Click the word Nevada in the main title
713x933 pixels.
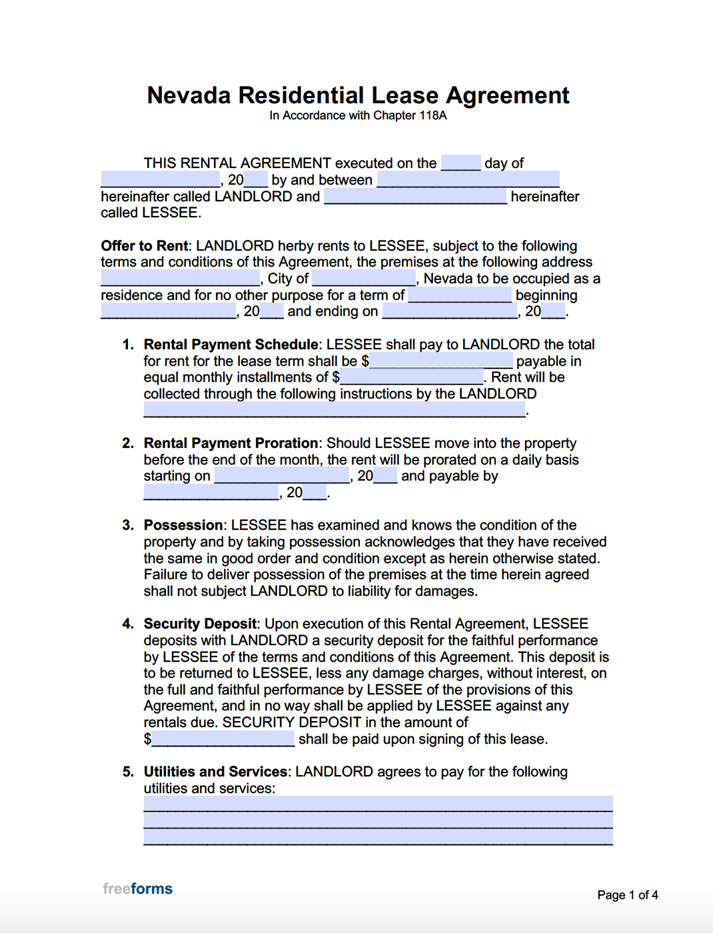coord(189,95)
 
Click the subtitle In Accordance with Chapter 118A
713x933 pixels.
coord(358,115)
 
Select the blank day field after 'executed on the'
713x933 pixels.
coord(460,163)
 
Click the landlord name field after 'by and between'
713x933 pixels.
coord(468,179)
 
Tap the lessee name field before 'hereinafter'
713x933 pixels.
coord(415,196)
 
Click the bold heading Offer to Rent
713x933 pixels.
coord(145,246)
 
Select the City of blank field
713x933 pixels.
coord(364,278)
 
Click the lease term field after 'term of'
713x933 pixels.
coord(460,295)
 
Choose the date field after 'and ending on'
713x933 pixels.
coord(450,311)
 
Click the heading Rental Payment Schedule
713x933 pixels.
coord(231,345)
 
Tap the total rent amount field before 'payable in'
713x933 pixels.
coord(442,361)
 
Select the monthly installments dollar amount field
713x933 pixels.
coord(412,377)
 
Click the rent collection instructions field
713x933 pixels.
coord(335,410)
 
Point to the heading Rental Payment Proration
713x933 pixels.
coord(231,443)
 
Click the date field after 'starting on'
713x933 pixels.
coord(282,476)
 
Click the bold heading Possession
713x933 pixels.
coord(183,525)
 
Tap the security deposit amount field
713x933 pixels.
coord(223,738)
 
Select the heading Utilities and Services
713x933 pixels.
coord(216,772)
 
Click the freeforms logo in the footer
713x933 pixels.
coord(138,889)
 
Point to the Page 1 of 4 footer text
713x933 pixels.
coord(627,895)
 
